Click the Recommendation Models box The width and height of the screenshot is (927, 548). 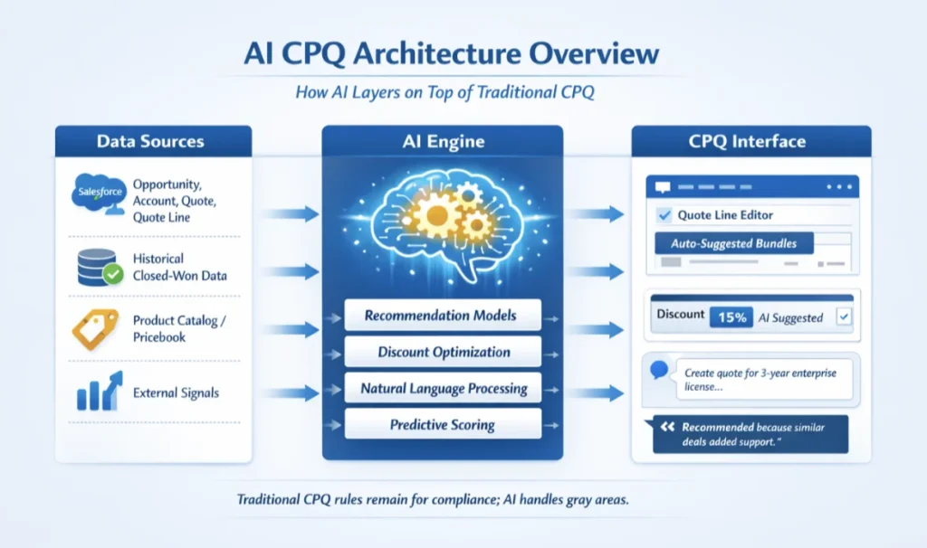pyautogui.click(x=441, y=316)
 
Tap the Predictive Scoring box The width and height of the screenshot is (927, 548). pyautogui.click(x=443, y=424)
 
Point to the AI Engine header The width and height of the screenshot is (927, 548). pyautogui.click(x=443, y=141)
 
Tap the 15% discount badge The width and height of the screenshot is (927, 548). pyautogui.click(x=731, y=317)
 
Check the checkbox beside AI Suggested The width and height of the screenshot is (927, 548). pyautogui.click(x=845, y=317)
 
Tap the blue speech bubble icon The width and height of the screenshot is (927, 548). pyautogui.click(x=659, y=369)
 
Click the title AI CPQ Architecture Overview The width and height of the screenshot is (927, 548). pyautogui.click(x=451, y=54)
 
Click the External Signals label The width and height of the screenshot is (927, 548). pyautogui.click(x=176, y=392)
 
